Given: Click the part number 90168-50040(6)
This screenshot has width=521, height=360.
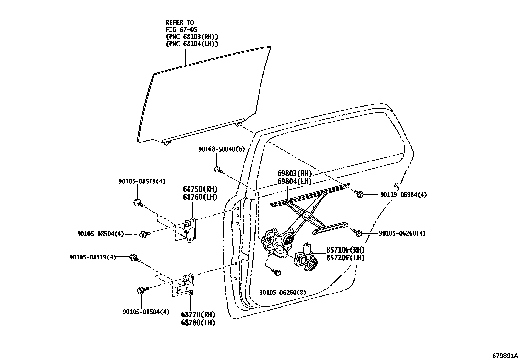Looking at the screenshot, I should (221, 149).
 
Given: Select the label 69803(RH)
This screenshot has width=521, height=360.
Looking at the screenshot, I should (295, 174).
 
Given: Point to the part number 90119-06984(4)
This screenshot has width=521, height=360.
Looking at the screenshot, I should (404, 195).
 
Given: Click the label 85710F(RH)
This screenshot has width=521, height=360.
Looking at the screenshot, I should (345, 250).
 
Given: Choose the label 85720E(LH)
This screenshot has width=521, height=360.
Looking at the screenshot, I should (345, 258).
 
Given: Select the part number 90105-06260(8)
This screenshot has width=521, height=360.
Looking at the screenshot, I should (282, 292).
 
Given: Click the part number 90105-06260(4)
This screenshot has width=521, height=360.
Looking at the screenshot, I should (402, 234).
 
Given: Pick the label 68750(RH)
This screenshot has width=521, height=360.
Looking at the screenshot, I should (200, 189).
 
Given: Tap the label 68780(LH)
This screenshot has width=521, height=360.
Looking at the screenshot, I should (198, 322).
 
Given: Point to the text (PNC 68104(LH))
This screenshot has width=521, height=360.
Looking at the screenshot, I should (192, 44).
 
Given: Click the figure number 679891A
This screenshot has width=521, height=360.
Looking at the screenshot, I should (506, 355).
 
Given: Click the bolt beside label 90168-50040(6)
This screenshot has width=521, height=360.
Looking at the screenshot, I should (217, 169).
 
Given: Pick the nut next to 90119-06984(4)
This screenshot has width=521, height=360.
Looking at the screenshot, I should (359, 194).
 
